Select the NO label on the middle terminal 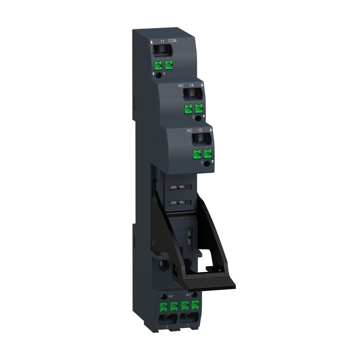tap(181, 86)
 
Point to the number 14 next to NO tap(192, 86)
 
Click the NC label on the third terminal tap(189, 130)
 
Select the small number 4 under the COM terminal tap(165, 74)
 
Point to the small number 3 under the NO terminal tap(193, 118)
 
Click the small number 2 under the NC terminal tap(202, 163)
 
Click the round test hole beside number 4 tap(158, 73)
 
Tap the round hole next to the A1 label tap(195, 295)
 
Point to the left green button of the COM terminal tap(158, 65)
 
